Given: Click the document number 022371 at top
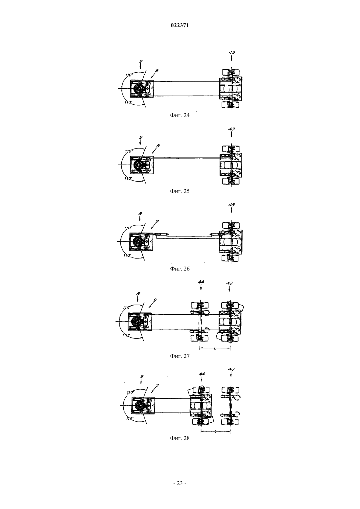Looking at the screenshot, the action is (180, 26).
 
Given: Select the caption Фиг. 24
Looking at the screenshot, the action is (180, 115).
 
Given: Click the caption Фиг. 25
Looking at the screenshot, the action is (180, 191).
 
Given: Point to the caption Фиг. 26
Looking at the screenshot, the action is (180, 269).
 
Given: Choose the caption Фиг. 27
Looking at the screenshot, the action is (180, 356).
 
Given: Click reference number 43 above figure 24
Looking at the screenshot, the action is (232, 52).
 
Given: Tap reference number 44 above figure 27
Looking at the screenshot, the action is (201, 282).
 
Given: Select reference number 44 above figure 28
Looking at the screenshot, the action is (202, 374).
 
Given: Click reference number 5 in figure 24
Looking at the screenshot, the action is (141, 61).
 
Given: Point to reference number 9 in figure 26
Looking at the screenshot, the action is (157, 221).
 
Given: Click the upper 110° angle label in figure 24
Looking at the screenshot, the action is (129, 75).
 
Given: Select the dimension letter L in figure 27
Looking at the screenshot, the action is (215, 348).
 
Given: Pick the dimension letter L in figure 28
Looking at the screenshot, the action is (215, 431).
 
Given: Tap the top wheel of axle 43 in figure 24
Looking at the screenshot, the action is (231, 73).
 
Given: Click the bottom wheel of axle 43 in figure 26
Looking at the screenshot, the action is (231, 258).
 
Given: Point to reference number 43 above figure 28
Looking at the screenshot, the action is (231, 369).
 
